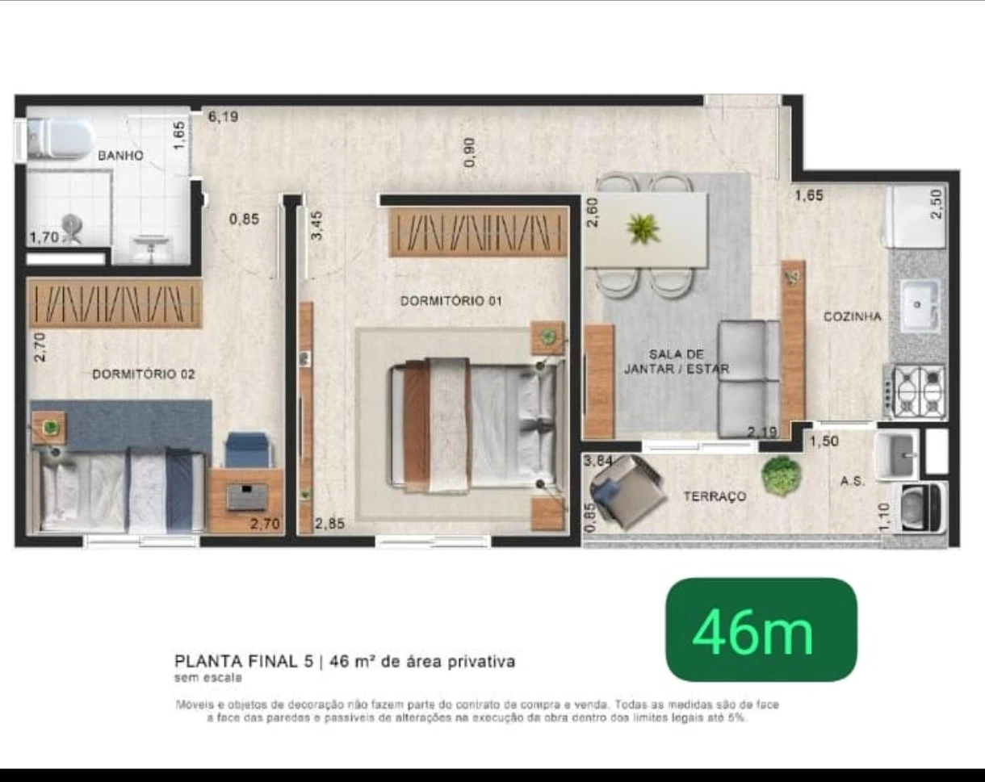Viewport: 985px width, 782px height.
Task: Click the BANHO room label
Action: click(120, 155)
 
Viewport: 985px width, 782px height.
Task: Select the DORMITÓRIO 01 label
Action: click(451, 301)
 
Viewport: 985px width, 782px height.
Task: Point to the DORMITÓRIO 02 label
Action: click(143, 374)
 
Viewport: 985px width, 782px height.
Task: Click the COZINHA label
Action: click(852, 317)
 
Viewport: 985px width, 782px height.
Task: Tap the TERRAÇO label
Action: click(715, 497)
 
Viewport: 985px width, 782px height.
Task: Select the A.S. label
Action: click(853, 481)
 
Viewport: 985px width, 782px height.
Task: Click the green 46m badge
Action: click(761, 630)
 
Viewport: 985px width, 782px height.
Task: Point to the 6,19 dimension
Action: click(223, 116)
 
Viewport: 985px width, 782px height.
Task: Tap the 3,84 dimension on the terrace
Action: click(598, 462)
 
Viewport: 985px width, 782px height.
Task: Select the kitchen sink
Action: click(918, 305)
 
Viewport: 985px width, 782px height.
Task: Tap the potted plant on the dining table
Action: click(643, 228)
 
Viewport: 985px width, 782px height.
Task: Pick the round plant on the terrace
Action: click(781, 476)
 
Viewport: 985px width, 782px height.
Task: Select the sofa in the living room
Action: click(748, 378)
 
